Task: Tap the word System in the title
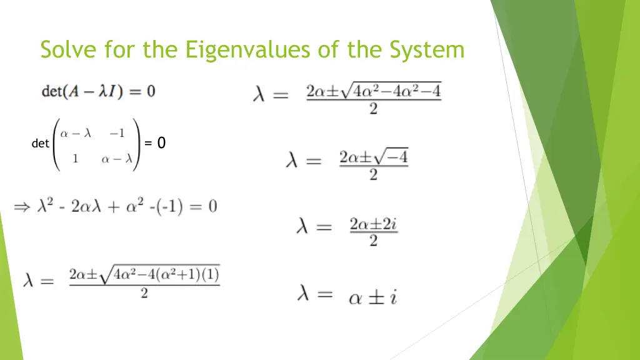tap(427, 49)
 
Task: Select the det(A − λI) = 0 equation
tap(99, 91)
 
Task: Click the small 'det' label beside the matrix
tap(40, 144)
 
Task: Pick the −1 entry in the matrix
tap(116, 132)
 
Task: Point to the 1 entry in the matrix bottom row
tap(75, 159)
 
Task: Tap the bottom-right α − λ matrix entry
tap(117, 159)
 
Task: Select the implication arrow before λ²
tap(22, 207)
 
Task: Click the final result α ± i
tap(372, 297)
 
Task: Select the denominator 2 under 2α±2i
tap(374, 241)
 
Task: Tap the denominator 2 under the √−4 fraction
tap(373, 175)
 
